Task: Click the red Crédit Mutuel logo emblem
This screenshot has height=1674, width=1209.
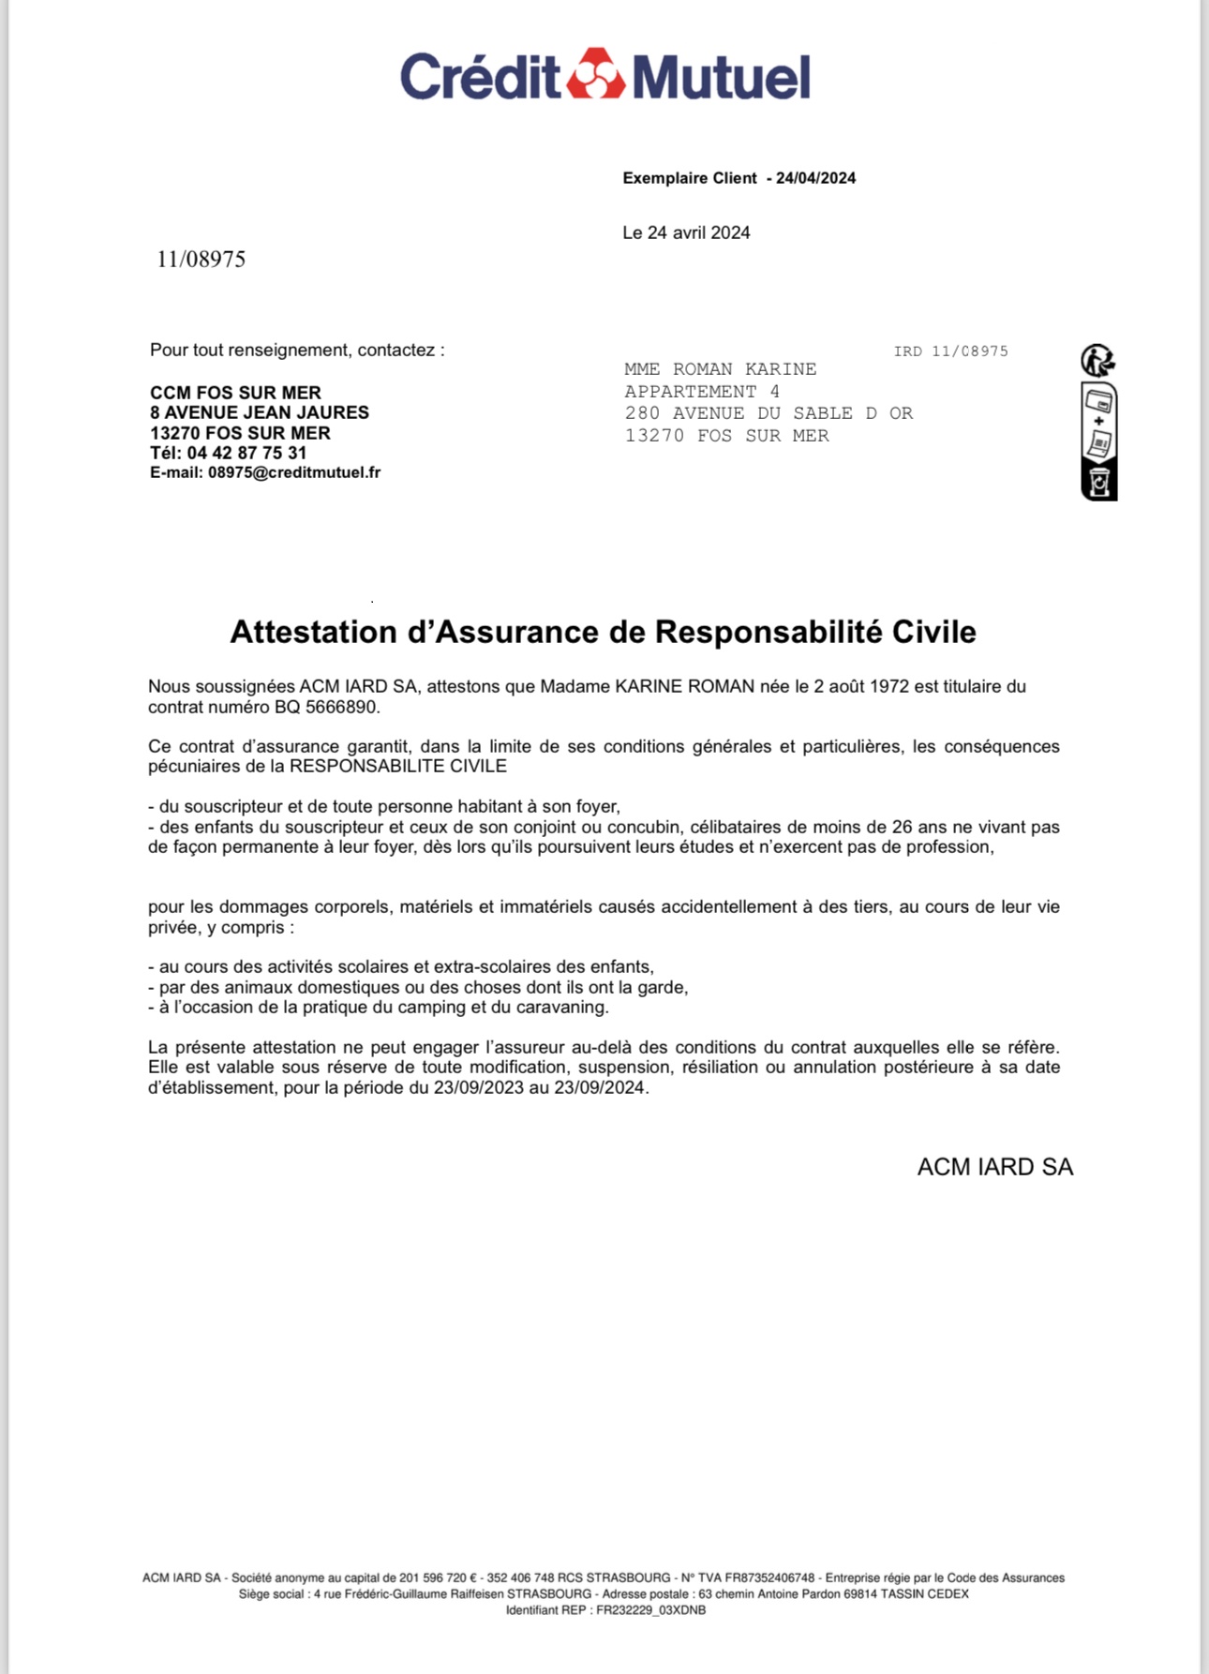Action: (597, 74)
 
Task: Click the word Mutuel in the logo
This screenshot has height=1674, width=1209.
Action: (721, 77)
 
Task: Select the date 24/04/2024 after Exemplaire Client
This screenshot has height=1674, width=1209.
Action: (815, 178)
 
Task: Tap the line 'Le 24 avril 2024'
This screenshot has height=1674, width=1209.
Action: (686, 232)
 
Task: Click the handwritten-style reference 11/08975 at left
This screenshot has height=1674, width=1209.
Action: (201, 260)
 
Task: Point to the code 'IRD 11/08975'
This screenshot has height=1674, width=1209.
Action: (950, 351)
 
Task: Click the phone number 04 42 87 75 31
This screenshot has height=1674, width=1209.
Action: (246, 453)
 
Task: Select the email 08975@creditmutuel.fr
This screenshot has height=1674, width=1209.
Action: (294, 472)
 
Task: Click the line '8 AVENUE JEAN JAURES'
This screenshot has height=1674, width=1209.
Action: (260, 412)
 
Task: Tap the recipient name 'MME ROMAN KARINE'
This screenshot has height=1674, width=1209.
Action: (720, 369)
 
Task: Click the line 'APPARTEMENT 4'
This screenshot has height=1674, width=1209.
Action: (702, 392)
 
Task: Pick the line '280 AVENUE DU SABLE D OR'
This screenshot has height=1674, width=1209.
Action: (769, 413)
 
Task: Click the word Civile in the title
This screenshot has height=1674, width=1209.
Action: (933, 632)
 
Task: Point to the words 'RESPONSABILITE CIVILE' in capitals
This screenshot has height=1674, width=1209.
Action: (397, 766)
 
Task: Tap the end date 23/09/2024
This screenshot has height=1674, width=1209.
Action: (599, 1087)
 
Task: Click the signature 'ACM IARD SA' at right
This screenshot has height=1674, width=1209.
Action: (994, 1167)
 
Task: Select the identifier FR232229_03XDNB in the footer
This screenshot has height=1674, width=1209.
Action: (650, 1610)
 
